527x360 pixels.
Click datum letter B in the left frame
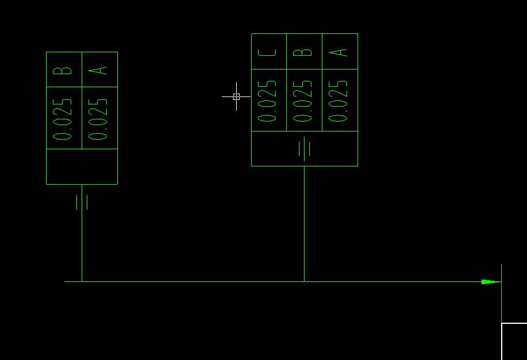pos(64,70)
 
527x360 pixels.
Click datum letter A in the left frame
pos(99,70)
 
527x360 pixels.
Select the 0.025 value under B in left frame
pos(64,119)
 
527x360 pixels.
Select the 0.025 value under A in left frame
pos(99,119)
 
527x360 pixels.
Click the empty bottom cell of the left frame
pos(82,167)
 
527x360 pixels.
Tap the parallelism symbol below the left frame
pos(82,202)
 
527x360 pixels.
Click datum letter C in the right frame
pos(268,52)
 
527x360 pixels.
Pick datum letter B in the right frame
pos(304,52)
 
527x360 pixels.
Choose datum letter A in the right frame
pos(340,52)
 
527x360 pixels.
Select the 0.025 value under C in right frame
pos(268,100)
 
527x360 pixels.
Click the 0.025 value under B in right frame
pos(304,100)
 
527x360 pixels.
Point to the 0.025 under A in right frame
pos(340,100)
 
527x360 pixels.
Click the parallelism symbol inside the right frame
pos(305,149)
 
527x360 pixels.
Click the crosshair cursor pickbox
pos(236,96)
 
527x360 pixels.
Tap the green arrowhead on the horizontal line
pos(490,282)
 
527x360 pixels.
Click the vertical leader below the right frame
pos(304,224)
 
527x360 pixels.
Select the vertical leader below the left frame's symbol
pos(82,247)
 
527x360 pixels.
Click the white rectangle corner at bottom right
pos(502,324)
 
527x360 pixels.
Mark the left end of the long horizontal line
pos(65,281)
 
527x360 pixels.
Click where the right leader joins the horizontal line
pos(304,281)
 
